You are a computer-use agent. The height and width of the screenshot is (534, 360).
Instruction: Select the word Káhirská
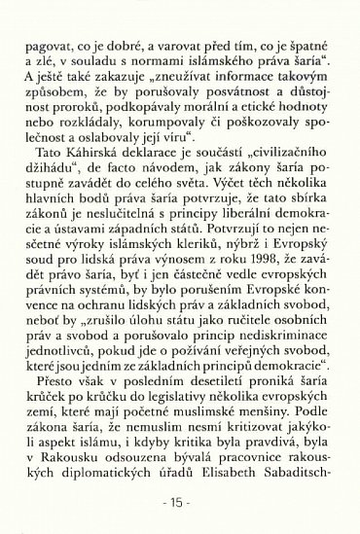pos(107,158)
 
